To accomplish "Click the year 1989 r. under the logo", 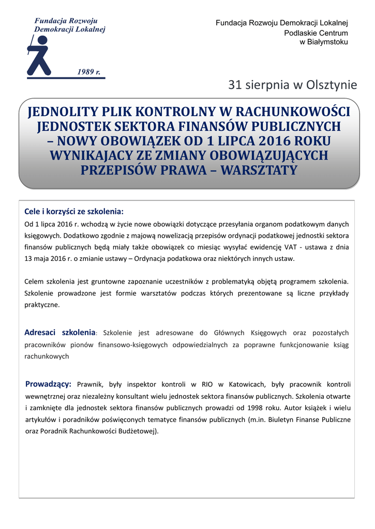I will (x=88, y=72).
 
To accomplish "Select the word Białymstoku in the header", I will (x=327, y=42).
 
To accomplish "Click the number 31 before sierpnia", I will (x=235, y=85).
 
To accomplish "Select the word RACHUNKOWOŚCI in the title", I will (x=294, y=112).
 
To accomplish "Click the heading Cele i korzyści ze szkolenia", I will (x=74, y=212).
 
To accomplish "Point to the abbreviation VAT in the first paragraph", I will (x=290, y=247).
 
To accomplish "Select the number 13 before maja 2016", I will (x=29, y=258).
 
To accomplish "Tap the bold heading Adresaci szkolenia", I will (x=60, y=332).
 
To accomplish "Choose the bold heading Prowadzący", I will (x=48, y=384).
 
